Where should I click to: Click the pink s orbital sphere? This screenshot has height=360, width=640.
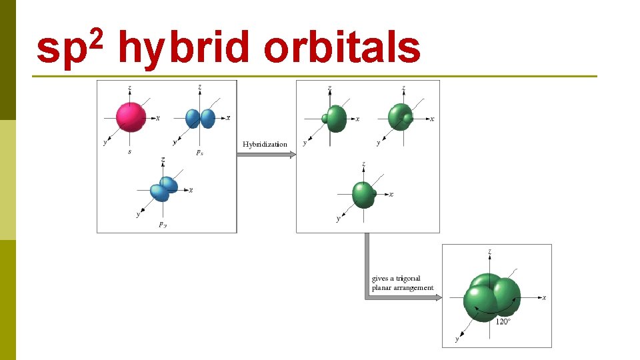pos(131,117)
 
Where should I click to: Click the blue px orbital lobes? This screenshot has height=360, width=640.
pos(200,118)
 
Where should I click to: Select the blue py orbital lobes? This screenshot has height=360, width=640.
pos(164,189)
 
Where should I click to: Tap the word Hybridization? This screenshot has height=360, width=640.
pos(265,144)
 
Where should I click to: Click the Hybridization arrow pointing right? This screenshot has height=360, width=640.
pos(267,155)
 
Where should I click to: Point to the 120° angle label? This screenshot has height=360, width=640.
pos(503,321)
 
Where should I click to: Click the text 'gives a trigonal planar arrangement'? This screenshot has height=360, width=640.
pos(402,283)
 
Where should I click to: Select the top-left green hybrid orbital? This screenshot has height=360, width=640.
pos(335,119)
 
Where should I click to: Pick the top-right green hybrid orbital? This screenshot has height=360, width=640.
pos(401,117)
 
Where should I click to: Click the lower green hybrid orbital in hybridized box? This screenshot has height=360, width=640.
pos(364,194)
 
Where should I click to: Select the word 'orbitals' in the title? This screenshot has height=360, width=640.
pos(342,49)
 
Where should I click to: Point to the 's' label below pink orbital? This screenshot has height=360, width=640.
pos(129,152)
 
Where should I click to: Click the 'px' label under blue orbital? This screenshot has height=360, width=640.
pos(199,153)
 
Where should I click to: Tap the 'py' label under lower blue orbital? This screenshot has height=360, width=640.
pos(163,225)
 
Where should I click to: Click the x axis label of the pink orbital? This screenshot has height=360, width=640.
pos(158,119)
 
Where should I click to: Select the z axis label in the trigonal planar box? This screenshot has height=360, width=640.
pos(491,252)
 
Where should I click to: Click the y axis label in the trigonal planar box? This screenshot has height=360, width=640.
pos(457,339)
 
